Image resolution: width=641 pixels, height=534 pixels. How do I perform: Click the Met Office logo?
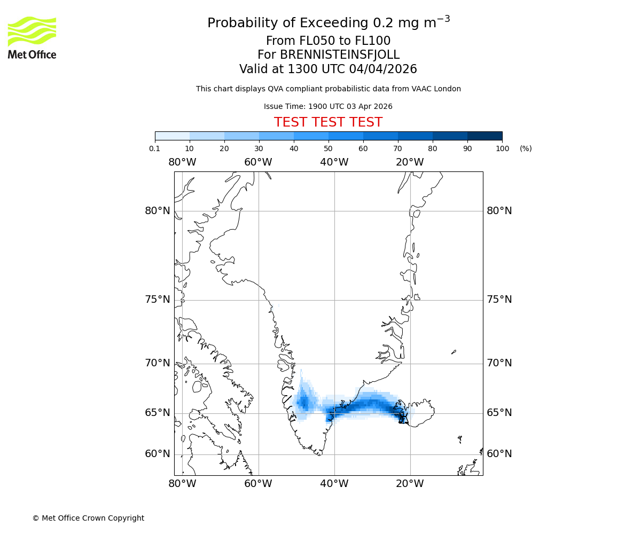click(32, 37)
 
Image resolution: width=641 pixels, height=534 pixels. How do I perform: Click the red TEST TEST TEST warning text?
click(328, 122)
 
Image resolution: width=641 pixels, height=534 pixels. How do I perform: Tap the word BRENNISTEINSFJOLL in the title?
click(328, 55)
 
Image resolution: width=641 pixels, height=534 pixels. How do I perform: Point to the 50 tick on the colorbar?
click(329, 148)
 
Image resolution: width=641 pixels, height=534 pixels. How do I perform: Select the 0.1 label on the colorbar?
click(155, 148)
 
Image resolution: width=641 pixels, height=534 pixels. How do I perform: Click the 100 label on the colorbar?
click(502, 148)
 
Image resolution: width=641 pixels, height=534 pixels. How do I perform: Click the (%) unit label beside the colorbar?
click(526, 148)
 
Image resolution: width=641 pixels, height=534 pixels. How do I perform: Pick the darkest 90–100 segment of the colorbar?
click(484, 136)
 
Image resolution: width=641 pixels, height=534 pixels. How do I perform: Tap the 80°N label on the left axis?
click(158, 211)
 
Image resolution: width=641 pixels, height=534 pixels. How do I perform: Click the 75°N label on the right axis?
click(499, 300)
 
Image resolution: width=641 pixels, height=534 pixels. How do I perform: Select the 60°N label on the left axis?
click(158, 454)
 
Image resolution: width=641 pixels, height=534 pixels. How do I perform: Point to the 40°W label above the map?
click(334, 162)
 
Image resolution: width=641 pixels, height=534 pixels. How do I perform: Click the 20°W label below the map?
click(410, 484)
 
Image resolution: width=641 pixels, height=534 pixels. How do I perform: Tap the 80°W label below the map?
click(182, 484)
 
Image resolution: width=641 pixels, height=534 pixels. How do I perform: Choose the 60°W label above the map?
click(259, 162)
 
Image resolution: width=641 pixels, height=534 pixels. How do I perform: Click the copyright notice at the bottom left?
click(88, 518)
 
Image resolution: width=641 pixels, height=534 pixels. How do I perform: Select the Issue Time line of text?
click(328, 106)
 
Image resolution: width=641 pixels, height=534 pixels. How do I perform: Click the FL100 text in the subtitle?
click(372, 41)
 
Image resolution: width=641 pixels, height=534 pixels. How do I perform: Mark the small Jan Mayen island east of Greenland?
click(454, 352)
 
